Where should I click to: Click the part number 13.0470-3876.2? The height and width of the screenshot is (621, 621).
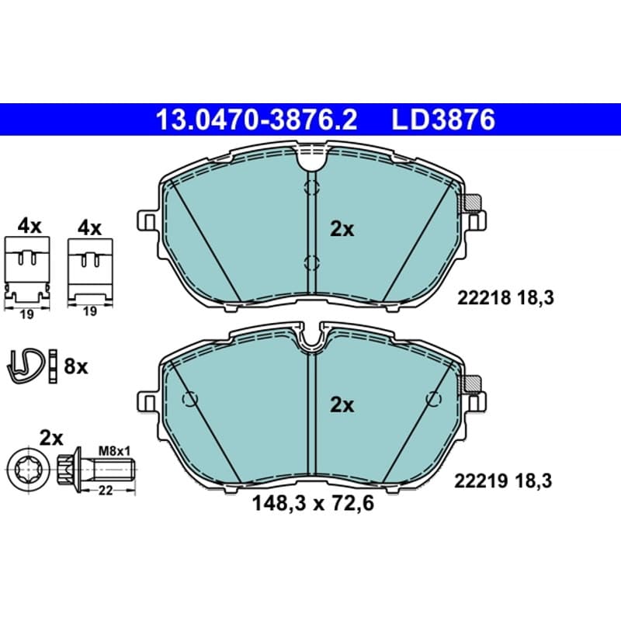[x=256, y=120]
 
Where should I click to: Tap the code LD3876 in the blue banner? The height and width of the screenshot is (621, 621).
[x=443, y=120]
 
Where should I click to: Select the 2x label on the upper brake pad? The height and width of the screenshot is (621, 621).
[x=342, y=229]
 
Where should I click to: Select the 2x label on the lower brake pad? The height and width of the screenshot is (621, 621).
[x=342, y=404]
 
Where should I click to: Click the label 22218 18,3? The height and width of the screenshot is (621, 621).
[x=505, y=298]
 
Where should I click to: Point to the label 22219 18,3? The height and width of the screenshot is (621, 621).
[x=503, y=481]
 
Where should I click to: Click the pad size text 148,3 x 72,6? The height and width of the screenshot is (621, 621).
[x=313, y=504]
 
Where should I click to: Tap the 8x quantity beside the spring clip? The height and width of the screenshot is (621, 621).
[x=75, y=366]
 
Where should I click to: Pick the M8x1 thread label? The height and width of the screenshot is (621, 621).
[x=114, y=450]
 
